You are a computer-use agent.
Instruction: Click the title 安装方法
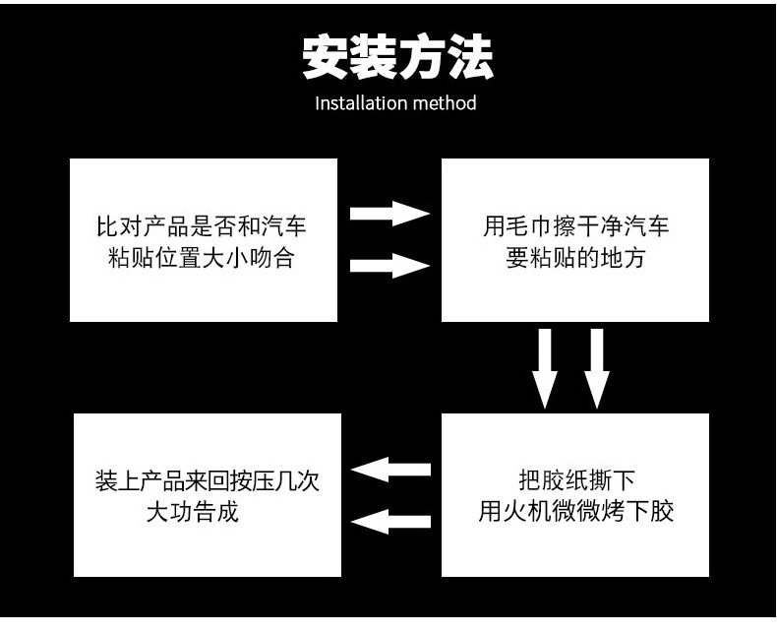[395, 58]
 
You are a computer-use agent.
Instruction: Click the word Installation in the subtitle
[360, 103]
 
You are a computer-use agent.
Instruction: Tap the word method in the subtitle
[443, 103]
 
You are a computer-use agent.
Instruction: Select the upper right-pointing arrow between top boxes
[390, 214]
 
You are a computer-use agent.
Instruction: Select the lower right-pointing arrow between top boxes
[390, 264]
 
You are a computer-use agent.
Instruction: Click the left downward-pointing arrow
[545, 367]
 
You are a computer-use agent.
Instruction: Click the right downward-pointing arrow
[595, 367]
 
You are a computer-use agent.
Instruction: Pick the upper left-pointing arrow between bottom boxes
[390, 470]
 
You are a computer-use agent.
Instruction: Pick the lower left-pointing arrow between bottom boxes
[390, 521]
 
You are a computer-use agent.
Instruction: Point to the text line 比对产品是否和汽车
[201, 226]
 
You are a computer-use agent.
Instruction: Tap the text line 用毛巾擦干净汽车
[575, 226]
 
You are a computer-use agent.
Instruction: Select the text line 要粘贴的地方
[575, 259]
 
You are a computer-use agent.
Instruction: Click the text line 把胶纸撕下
[575, 480]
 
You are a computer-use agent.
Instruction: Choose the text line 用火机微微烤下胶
[575, 513]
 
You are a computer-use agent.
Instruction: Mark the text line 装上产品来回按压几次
[208, 480]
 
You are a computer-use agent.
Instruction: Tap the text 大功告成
[192, 513]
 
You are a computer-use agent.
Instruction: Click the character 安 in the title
[325, 58]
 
